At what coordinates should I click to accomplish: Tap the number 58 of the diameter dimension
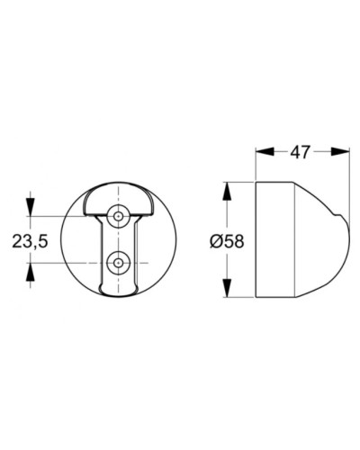[x=235, y=240]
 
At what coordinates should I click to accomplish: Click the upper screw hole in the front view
[x=118, y=216]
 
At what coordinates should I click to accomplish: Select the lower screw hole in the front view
[x=118, y=262]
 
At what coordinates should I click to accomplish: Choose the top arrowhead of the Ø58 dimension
[x=226, y=188]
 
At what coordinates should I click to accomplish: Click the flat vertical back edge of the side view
[x=257, y=240]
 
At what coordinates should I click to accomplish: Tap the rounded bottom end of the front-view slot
[x=118, y=291]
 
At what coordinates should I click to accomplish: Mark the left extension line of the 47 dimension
[x=257, y=162]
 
